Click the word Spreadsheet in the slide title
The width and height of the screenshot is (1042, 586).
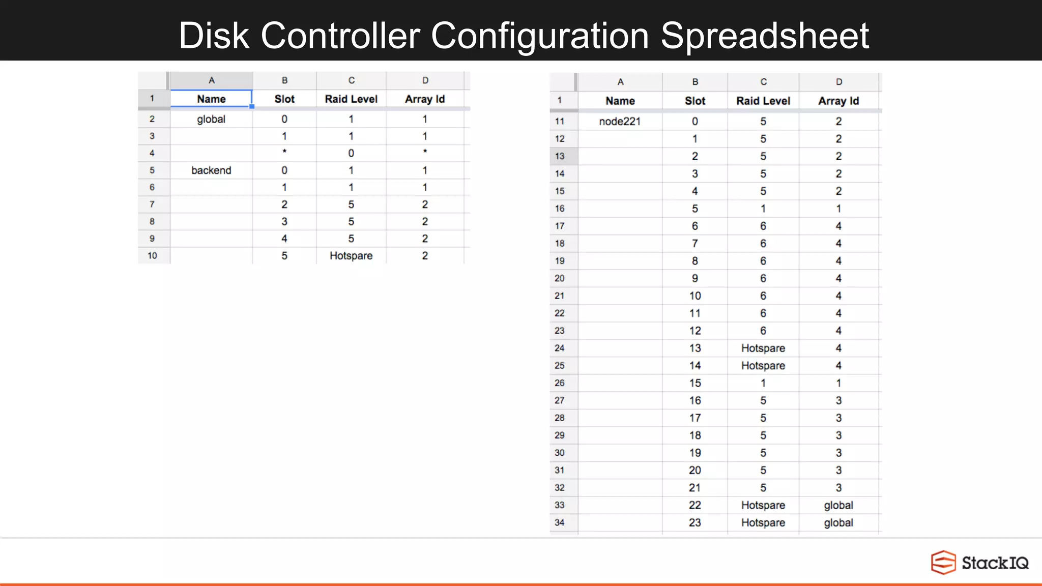(x=765, y=36)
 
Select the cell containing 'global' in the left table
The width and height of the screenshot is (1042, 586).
(x=211, y=119)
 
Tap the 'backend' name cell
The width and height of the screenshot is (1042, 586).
(x=211, y=170)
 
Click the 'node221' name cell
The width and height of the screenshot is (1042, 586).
(x=620, y=122)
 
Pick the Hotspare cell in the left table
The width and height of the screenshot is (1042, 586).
(x=351, y=256)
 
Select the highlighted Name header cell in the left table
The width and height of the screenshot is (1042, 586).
(x=211, y=99)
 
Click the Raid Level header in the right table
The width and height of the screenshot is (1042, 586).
(x=763, y=101)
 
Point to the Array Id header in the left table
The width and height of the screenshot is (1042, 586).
(x=425, y=99)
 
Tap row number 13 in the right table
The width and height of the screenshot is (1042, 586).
(x=560, y=156)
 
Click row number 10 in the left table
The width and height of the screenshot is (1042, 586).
(x=152, y=256)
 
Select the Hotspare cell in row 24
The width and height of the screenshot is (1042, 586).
(x=763, y=348)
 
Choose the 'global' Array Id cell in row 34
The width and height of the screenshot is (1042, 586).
(x=838, y=523)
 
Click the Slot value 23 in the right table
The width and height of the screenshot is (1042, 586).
(x=695, y=523)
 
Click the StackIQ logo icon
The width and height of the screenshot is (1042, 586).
(x=943, y=563)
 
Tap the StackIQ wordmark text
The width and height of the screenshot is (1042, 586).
(x=995, y=563)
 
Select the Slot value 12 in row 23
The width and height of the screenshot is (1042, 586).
(x=695, y=331)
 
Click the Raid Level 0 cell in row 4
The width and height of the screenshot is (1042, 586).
(x=351, y=153)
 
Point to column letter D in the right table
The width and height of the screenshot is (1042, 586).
(x=839, y=82)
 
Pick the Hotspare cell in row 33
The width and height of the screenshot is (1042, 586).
(x=763, y=506)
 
